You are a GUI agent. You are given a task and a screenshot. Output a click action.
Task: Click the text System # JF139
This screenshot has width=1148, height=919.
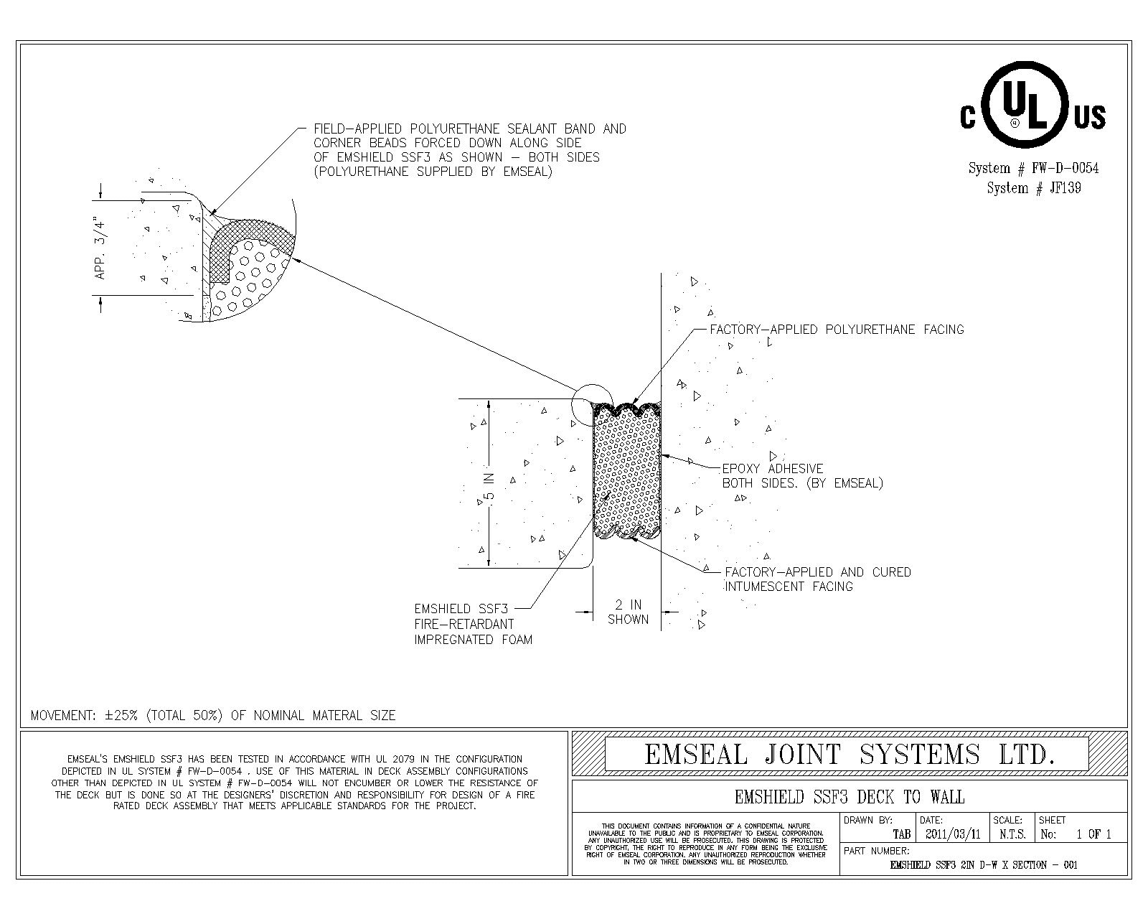(x=1033, y=188)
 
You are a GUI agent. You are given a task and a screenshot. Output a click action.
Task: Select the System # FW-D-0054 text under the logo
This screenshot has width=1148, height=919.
(x=1033, y=169)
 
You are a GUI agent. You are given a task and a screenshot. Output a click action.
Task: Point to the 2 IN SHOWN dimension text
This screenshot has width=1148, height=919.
(x=628, y=612)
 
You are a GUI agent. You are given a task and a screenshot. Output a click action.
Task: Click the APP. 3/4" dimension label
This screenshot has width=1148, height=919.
(x=101, y=248)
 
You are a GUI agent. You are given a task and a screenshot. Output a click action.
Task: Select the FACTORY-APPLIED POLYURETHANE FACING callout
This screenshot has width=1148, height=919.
(x=837, y=330)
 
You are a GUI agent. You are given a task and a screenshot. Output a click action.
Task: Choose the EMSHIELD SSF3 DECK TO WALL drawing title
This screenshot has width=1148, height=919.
(x=850, y=797)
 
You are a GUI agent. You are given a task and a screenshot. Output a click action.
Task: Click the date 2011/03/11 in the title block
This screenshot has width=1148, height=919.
(x=952, y=834)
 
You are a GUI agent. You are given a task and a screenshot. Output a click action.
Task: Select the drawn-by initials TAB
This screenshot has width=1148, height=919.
(x=901, y=834)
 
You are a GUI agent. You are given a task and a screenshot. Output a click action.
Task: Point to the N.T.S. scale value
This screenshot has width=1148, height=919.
(x=1012, y=834)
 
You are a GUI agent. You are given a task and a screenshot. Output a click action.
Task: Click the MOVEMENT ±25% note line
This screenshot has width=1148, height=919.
(x=213, y=715)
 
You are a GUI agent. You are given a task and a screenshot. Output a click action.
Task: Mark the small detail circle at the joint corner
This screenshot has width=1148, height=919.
(x=593, y=404)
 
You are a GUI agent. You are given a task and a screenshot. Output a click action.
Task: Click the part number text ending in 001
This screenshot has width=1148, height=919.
(x=983, y=865)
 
